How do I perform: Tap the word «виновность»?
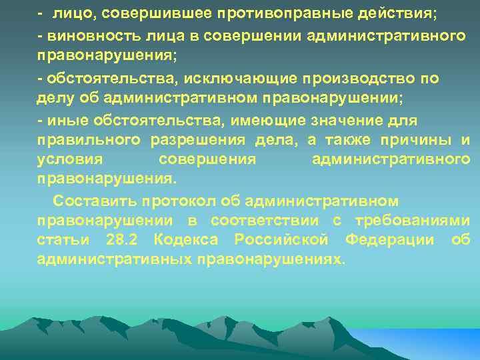point(81,34)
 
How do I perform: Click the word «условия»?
point(70,160)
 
